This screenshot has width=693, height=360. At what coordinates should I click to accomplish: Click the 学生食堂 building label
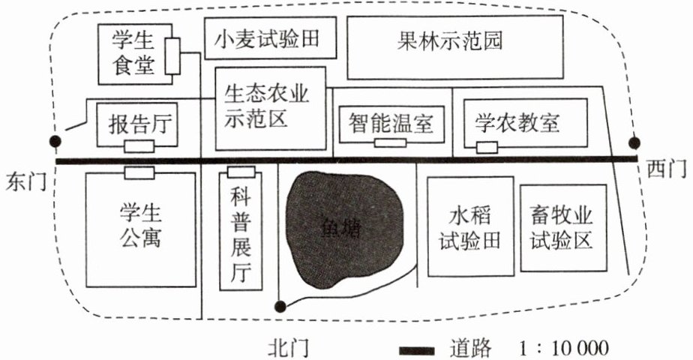133,53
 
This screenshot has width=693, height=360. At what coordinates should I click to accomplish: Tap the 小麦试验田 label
265,40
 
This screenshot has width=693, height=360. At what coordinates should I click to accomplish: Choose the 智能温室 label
391,122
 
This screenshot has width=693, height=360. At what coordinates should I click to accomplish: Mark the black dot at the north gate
280,305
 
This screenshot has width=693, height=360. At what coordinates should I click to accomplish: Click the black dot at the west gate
634,142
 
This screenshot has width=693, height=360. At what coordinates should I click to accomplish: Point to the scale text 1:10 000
562,349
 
